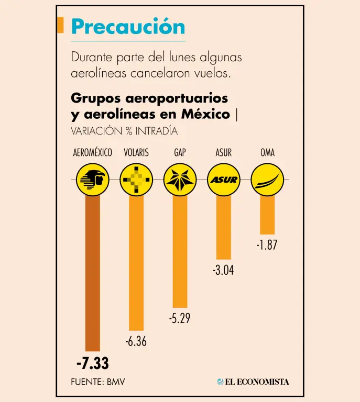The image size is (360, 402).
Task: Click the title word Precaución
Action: [128, 27]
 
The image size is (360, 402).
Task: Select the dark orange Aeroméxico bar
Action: [92, 272]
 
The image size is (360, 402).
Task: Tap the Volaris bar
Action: [136, 262]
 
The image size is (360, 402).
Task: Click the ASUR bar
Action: [224, 227]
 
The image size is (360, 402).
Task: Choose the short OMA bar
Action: [267, 215]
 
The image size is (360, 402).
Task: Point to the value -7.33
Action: [92, 363]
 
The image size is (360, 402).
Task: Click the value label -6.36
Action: [136, 342]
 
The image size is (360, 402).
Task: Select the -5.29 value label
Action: [180, 318]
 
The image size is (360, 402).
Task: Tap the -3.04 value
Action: [224, 271]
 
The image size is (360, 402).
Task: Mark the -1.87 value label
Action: [267, 245]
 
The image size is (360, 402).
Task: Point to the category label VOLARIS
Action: [136, 153]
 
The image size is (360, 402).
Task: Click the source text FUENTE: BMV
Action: [98, 382]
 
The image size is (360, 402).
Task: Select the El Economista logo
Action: [253, 382]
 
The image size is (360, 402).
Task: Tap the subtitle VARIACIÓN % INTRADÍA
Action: [124, 131]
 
